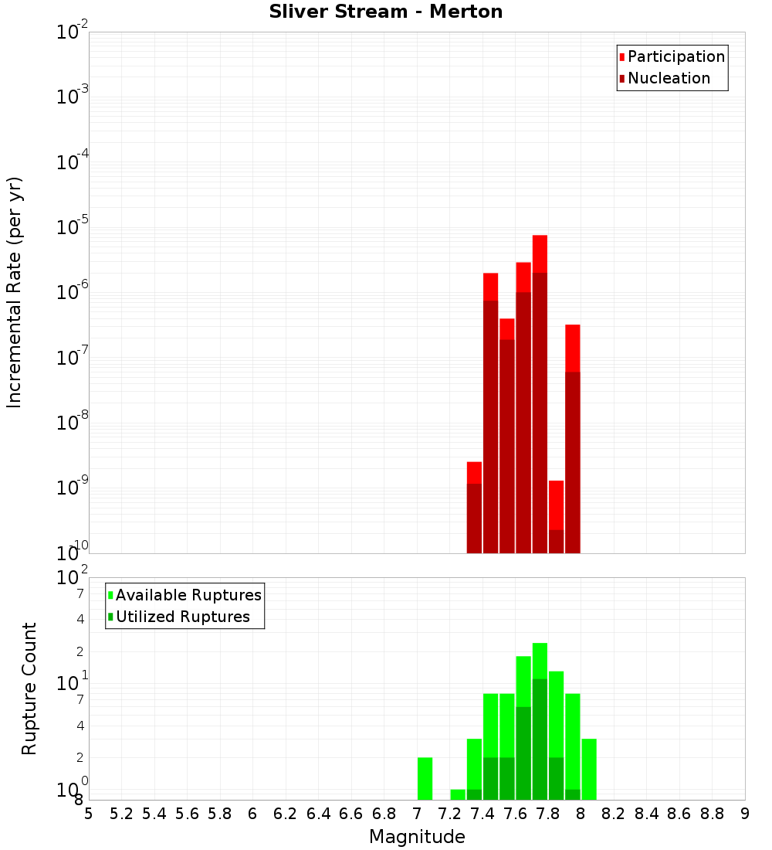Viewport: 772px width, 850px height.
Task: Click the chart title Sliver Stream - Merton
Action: point(385,12)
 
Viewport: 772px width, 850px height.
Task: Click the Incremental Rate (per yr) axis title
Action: point(15,292)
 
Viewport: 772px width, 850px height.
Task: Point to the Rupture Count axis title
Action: point(29,688)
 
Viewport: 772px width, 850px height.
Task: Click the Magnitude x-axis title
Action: point(417,837)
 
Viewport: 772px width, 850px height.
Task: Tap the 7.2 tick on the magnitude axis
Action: point(449,814)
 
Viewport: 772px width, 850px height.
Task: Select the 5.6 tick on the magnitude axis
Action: point(187,814)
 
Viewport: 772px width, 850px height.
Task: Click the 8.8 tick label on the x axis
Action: point(712,814)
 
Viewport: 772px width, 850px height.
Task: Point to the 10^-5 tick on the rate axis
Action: point(72,227)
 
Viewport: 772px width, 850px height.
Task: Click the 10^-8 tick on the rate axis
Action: point(72,423)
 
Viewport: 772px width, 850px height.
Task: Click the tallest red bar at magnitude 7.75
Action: point(540,255)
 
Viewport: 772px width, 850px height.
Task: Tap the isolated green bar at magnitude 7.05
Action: point(425,779)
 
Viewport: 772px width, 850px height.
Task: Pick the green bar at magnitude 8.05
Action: point(589,769)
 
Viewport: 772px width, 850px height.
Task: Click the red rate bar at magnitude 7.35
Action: point(474,472)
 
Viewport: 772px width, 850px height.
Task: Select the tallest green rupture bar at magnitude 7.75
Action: point(540,661)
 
